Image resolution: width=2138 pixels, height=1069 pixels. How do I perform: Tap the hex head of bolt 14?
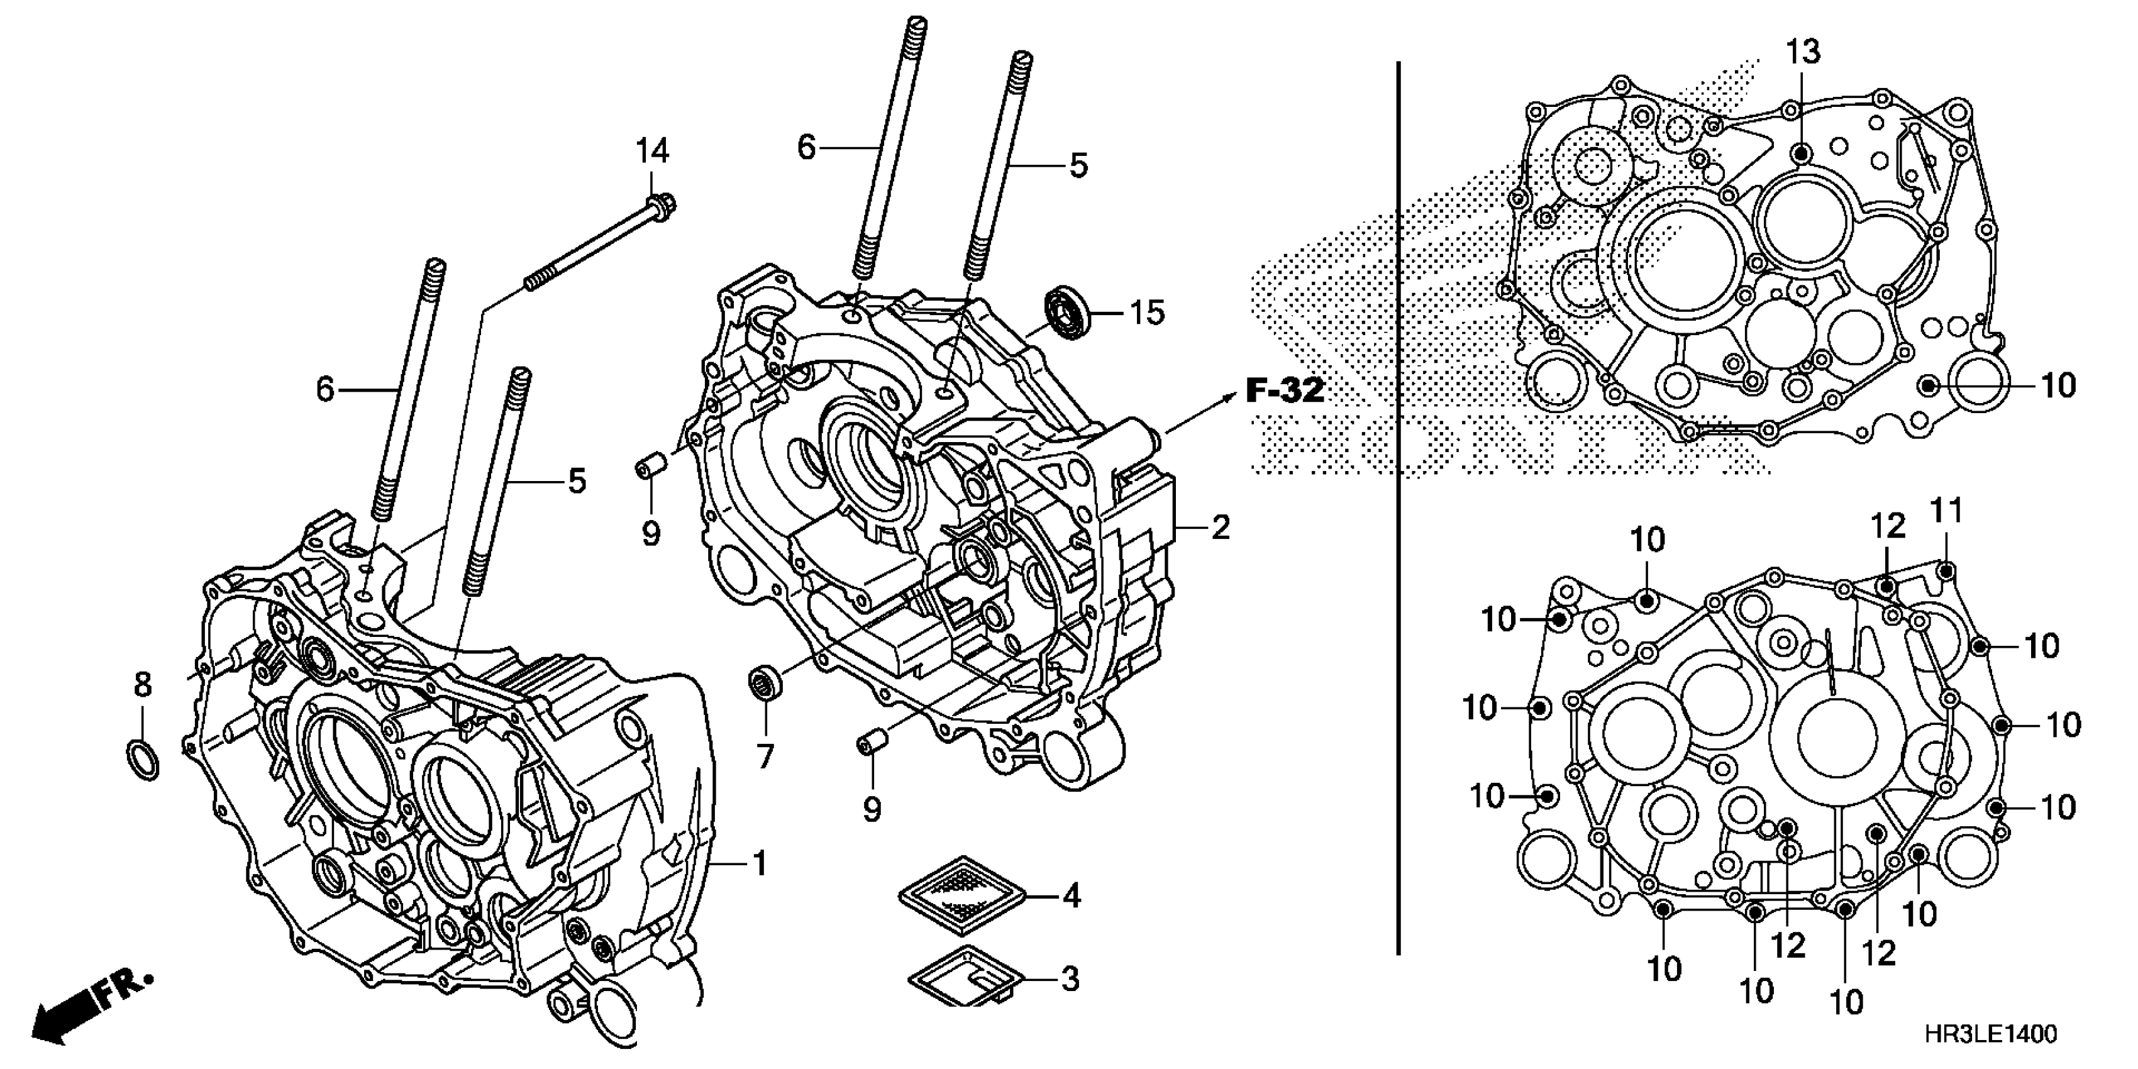click(662, 202)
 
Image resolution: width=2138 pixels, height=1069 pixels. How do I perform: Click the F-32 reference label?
click(1285, 390)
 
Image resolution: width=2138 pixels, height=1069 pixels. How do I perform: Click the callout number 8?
click(143, 685)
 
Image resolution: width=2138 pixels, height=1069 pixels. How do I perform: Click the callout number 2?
click(1219, 527)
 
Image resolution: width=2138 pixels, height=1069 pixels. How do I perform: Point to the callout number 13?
click(1803, 52)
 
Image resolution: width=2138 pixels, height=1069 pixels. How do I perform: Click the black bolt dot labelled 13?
click(1800, 153)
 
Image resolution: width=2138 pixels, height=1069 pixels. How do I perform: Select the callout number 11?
click(1946, 511)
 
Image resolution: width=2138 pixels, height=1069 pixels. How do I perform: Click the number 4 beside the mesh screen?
click(1072, 896)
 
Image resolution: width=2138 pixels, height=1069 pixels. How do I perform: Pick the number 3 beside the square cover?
click(1071, 979)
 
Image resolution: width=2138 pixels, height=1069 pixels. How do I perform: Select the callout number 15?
click(1147, 313)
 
